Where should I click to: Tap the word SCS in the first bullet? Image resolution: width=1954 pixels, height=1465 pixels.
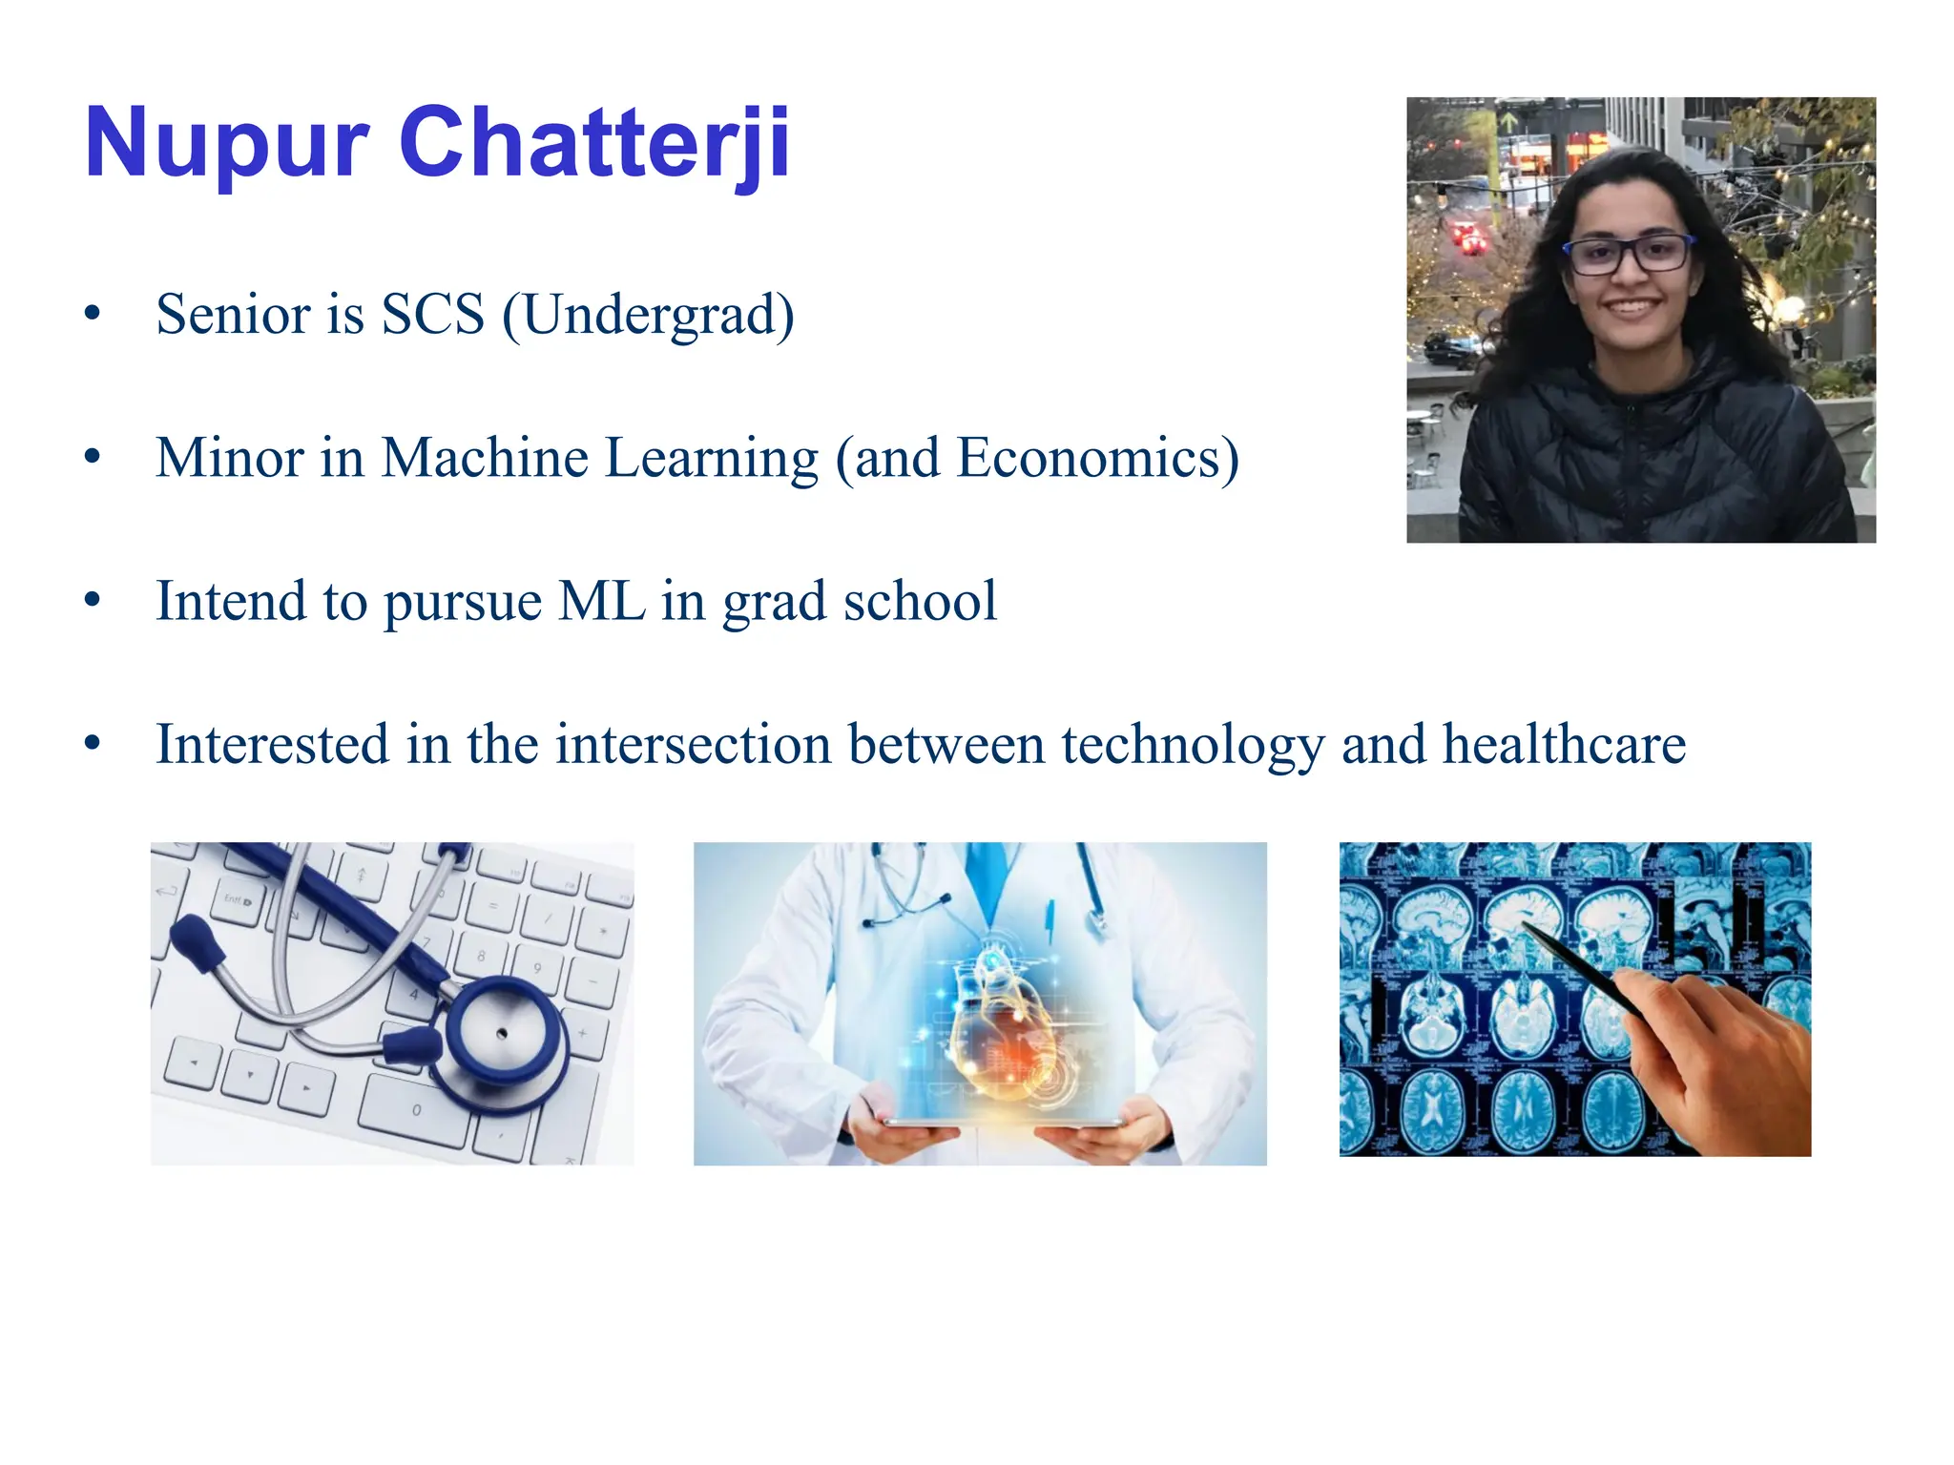pyautogui.click(x=432, y=315)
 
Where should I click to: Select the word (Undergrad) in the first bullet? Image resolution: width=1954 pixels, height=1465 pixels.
pyautogui.click(x=648, y=315)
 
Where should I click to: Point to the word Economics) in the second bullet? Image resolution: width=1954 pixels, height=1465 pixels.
pyautogui.click(x=1097, y=458)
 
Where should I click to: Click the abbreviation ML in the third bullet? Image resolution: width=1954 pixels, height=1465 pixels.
pyautogui.click(x=601, y=601)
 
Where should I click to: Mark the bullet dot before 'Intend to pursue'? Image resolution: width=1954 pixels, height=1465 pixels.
pyautogui.click(x=93, y=600)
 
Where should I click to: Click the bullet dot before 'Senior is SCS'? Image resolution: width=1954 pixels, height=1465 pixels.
pyautogui.click(x=93, y=313)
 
